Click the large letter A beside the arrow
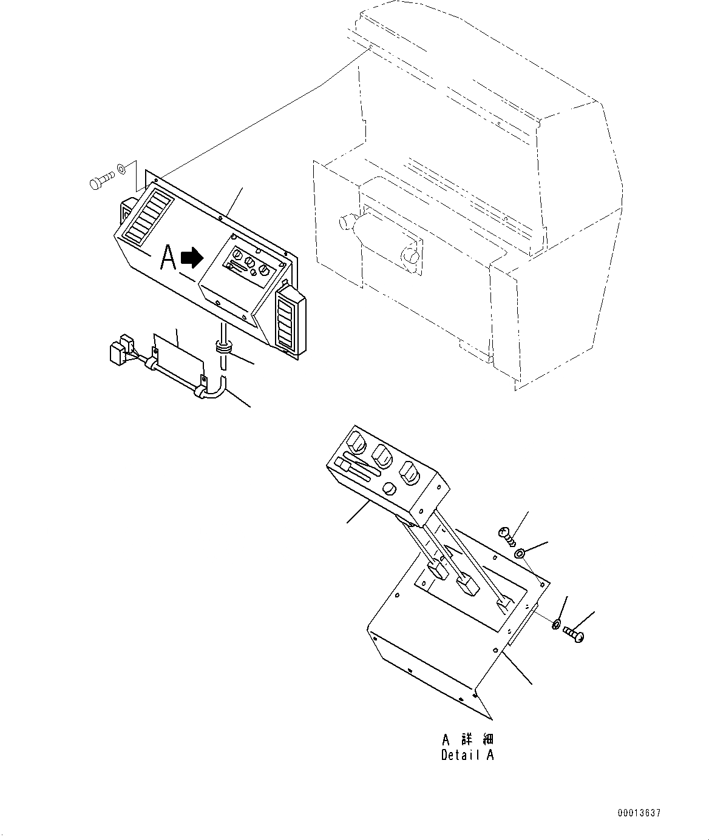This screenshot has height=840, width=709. click(168, 258)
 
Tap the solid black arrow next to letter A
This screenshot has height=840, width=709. click(193, 258)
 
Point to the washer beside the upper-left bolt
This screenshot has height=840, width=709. click(123, 169)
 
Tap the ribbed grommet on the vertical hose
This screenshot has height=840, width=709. click(223, 348)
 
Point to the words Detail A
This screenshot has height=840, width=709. click(467, 756)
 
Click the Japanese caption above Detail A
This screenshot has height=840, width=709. click(467, 740)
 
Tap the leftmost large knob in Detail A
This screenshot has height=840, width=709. click(358, 442)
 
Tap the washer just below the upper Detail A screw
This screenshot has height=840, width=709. click(520, 553)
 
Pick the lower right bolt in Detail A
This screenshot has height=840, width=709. click(574, 634)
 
